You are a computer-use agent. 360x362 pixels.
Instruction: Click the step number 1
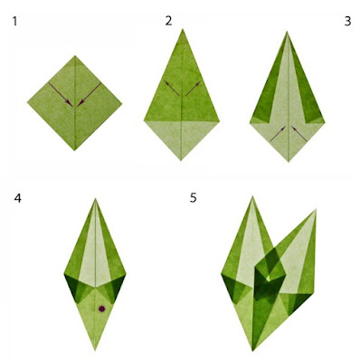click(14, 22)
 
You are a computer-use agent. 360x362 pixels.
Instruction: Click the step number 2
click(168, 21)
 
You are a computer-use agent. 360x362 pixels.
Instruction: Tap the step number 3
click(347, 21)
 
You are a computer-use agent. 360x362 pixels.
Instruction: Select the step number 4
click(17, 198)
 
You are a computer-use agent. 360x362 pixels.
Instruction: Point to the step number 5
click(194, 198)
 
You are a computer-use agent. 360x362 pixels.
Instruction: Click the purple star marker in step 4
click(102, 309)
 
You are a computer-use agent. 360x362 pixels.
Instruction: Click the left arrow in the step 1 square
click(61, 95)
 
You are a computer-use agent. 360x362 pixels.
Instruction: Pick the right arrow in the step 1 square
click(89, 95)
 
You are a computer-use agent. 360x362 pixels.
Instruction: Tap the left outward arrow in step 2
click(172, 89)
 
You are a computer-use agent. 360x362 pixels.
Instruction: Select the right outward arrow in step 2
click(194, 89)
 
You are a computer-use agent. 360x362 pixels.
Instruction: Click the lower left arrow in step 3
click(278, 134)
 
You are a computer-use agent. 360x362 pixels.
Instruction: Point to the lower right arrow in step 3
click(299, 134)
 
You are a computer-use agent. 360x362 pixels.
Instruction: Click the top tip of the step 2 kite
click(183, 29)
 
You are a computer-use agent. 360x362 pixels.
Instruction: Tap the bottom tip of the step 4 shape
click(95, 351)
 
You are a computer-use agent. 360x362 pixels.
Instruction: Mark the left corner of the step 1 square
click(27, 103)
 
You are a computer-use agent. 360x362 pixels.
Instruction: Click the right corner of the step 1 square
click(122, 103)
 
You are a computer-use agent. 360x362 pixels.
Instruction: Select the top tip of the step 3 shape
click(287, 32)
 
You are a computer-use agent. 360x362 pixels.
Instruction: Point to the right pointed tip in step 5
click(316, 209)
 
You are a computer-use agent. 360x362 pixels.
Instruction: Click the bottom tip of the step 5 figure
click(252, 351)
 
